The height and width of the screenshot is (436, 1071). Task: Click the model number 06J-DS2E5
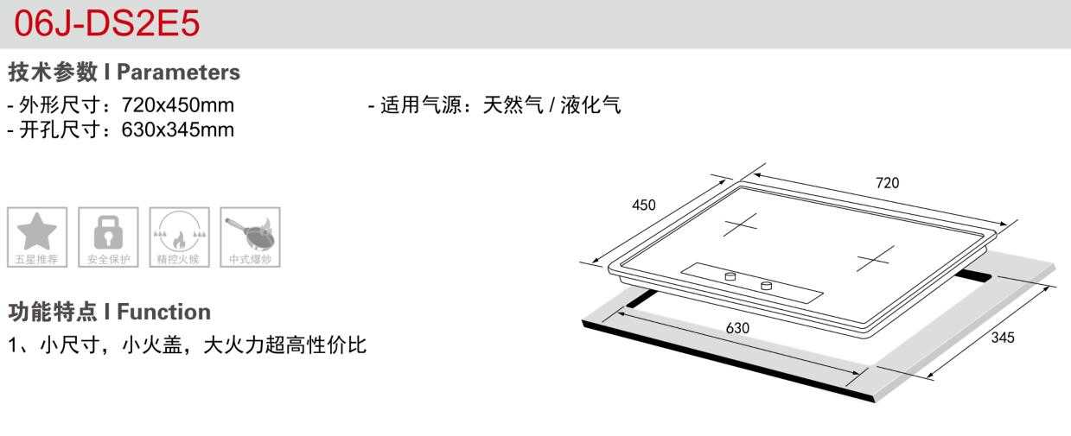click(106, 23)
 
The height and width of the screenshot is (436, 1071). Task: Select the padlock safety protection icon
click(108, 232)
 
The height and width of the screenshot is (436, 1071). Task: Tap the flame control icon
click(179, 232)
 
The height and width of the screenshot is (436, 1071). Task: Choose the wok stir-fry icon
click(250, 232)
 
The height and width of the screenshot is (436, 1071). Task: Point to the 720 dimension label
click(887, 183)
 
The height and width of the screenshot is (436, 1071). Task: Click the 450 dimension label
click(643, 205)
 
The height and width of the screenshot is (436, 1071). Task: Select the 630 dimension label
click(737, 328)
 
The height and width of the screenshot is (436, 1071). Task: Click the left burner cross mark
click(740, 224)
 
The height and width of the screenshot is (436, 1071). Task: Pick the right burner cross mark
click(875, 258)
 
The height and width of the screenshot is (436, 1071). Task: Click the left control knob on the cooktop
click(730, 276)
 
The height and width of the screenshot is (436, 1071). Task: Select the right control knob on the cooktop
click(766, 286)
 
